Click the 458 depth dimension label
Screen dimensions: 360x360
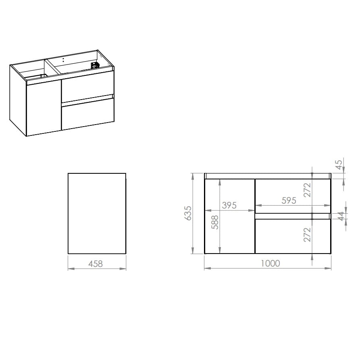tap(96, 264)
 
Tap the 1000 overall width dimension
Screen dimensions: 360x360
tap(271, 263)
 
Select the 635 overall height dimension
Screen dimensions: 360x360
tap(188, 213)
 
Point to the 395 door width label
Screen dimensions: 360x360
tap(229, 205)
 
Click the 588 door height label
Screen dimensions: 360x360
tap(215, 222)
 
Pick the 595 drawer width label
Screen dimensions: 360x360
tap(289, 201)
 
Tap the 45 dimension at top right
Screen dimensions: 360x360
tap(339, 164)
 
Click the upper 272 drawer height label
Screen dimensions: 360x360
tap(307, 190)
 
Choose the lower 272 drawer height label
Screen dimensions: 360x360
tap(307, 235)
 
